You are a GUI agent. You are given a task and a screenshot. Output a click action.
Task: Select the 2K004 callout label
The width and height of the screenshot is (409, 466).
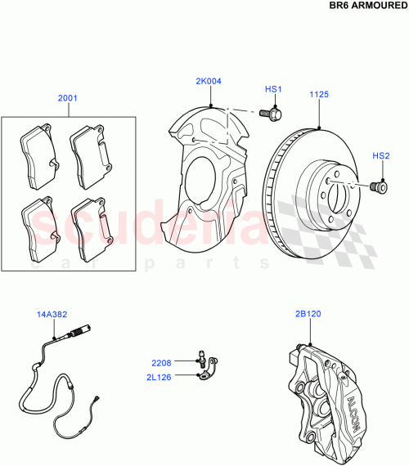[208, 82]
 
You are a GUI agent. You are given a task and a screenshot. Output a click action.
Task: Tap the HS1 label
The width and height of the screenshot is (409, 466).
[272, 89]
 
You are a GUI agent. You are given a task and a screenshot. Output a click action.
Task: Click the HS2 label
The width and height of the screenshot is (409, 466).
[381, 155]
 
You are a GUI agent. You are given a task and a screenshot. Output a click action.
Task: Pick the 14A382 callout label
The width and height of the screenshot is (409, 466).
[51, 313]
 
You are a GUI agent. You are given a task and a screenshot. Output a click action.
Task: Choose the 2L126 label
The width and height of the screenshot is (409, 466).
[160, 377]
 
